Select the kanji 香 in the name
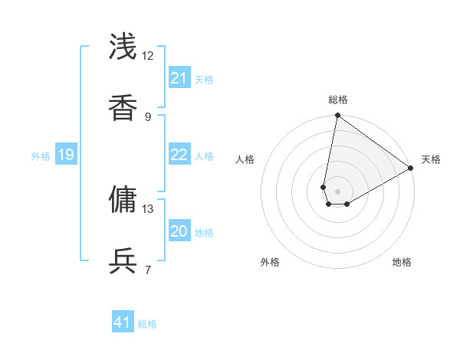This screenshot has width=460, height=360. coord(123,107)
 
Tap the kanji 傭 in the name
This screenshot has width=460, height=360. coord(123,198)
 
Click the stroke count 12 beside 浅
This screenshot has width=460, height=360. coord(148,56)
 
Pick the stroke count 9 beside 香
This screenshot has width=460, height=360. coord(148,116)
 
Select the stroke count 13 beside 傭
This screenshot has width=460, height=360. coord(148,208)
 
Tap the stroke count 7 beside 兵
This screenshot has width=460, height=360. coord(148,269)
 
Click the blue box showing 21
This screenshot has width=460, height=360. coord(179,78)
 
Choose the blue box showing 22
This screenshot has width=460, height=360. coord(179,155)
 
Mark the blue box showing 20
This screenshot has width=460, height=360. coord(179,231)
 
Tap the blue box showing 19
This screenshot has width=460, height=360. coord(66,155)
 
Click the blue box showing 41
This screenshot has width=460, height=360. coord(123,322)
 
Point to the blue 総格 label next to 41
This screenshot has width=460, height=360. coord(147,324)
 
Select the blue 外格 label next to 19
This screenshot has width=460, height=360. coord(41,156)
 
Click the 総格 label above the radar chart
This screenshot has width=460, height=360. coord(337,100)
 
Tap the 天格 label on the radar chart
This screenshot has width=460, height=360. coord(431,159)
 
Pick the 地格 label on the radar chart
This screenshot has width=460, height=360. coord(402,262)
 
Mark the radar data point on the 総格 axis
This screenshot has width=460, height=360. coord(337,116)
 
